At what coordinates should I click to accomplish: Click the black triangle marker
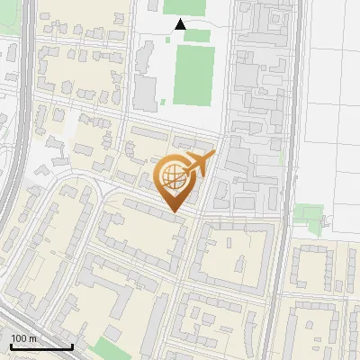[x=180, y=24]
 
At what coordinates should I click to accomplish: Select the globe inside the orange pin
[x=175, y=178]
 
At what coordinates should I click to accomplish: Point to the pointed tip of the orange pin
[x=175, y=211]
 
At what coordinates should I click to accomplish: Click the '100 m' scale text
[x=23, y=338]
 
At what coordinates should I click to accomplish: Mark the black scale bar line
[x=40, y=346]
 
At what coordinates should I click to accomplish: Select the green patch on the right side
[x=309, y=217]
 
